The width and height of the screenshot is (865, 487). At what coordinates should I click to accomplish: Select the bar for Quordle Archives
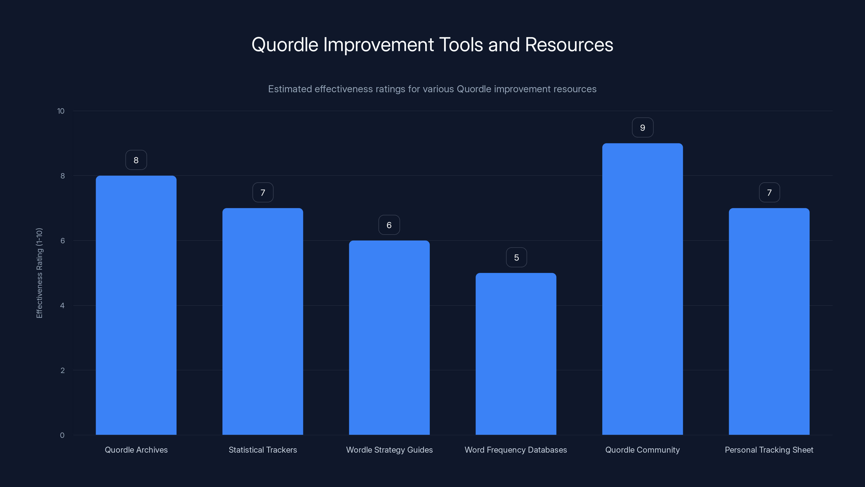136,305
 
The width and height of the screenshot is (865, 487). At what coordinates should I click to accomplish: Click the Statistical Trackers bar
262,321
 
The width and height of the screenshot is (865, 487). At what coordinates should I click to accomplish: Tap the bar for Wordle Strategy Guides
389,337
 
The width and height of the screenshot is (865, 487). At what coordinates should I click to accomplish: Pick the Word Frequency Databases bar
516,354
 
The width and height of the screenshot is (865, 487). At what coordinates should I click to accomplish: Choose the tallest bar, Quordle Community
642,289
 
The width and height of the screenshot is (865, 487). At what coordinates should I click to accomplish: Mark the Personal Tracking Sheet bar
769,321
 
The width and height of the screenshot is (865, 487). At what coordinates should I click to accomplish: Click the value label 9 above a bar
642,128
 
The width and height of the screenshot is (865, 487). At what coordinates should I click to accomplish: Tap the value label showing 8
136,160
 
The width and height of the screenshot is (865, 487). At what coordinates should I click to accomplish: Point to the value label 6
389,225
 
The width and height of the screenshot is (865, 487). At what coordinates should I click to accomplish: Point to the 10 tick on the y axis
61,111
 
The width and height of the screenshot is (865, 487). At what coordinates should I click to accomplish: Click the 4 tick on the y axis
62,305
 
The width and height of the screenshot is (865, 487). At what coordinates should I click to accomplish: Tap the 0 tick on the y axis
62,435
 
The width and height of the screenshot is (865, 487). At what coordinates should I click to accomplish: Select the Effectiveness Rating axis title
39,273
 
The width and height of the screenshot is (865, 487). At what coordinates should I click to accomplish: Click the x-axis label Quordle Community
642,450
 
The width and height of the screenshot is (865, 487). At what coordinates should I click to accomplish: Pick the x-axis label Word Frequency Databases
516,450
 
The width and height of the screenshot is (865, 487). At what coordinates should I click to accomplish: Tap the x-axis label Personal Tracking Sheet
769,450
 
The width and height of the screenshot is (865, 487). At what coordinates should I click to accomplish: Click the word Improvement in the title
378,45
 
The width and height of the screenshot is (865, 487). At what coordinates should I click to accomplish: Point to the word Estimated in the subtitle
290,89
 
